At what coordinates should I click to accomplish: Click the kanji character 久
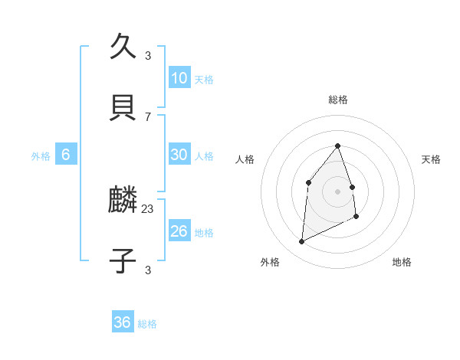click(123, 47)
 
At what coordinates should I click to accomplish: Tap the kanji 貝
click(123, 107)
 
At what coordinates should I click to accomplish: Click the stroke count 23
click(148, 208)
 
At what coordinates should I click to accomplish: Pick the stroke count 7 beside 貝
click(148, 116)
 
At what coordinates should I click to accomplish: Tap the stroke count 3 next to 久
click(148, 55)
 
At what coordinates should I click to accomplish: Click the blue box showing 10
click(179, 77)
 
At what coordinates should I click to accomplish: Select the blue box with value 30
click(179, 154)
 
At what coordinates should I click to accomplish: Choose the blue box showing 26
click(179, 231)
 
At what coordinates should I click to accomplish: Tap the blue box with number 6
click(66, 155)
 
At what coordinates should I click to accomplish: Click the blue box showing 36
click(123, 322)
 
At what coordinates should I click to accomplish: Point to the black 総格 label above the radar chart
click(338, 100)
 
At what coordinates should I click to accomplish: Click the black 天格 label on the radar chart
click(432, 159)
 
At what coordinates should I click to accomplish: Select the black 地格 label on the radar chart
click(402, 262)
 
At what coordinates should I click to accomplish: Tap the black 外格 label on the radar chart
click(270, 262)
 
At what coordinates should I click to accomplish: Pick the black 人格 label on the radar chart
click(245, 159)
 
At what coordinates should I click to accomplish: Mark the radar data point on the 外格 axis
click(301, 242)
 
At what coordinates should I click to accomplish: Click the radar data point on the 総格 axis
click(337, 146)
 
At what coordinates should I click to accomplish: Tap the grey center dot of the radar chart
click(337, 191)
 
